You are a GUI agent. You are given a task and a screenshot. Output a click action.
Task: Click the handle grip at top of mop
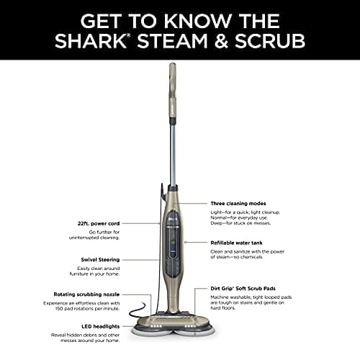(x=172, y=76)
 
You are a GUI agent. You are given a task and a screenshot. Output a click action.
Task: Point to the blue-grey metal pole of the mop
(x=173, y=137)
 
